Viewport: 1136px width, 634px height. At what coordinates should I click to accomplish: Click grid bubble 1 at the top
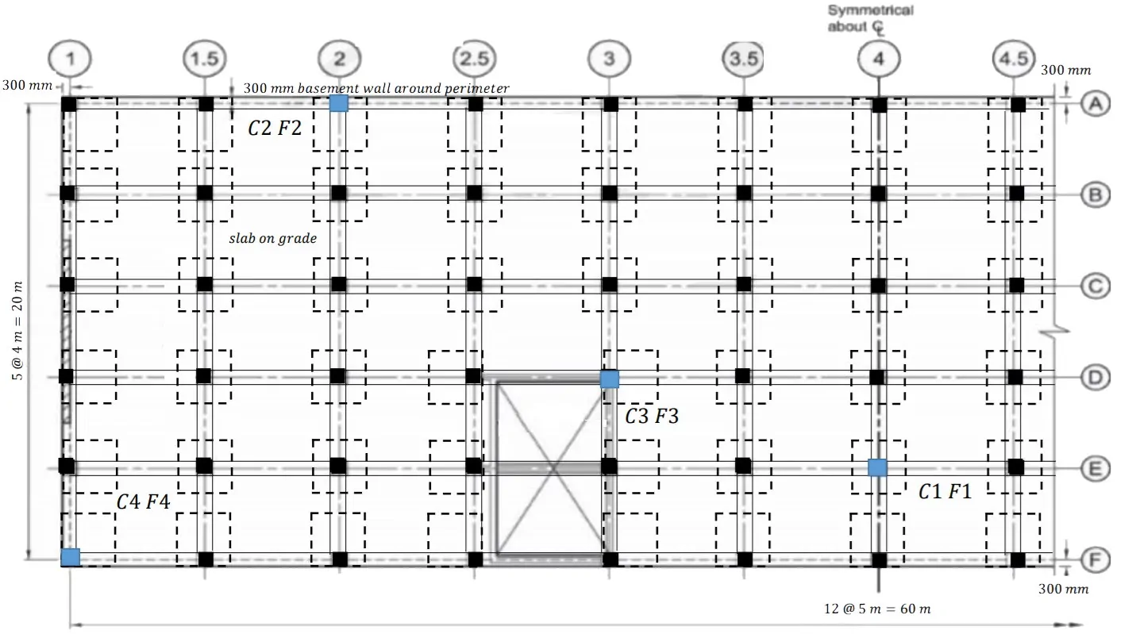(70, 59)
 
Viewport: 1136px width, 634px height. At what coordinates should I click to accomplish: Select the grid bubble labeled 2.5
(474, 59)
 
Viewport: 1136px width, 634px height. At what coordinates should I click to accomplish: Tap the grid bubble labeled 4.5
(1013, 59)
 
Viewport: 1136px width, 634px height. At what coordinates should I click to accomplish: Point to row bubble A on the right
(1096, 104)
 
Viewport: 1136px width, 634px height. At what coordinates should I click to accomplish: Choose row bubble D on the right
(1096, 378)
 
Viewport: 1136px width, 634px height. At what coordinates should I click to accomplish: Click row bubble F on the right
(1096, 560)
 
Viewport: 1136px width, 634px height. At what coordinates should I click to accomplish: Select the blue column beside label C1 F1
(877, 467)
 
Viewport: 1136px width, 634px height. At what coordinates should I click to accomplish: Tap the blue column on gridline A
(339, 103)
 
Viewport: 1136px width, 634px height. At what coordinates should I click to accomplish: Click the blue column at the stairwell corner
(609, 379)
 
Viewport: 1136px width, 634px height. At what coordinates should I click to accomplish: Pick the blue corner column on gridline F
(70, 558)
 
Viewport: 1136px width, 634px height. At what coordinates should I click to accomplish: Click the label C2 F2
(275, 129)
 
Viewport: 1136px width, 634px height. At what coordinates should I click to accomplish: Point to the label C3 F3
(652, 416)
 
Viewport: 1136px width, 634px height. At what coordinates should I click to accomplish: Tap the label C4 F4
(143, 501)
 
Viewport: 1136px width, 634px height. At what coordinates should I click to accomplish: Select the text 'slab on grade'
(273, 238)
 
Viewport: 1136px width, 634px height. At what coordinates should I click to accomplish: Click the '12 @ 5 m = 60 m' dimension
(877, 609)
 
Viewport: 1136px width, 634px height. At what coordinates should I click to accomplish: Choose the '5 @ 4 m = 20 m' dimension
(17, 330)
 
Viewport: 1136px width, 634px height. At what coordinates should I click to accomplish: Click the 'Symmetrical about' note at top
(871, 19)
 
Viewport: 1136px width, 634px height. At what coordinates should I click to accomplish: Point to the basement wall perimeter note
(376, 88)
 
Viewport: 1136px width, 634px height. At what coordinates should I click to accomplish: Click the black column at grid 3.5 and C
(744, 284)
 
